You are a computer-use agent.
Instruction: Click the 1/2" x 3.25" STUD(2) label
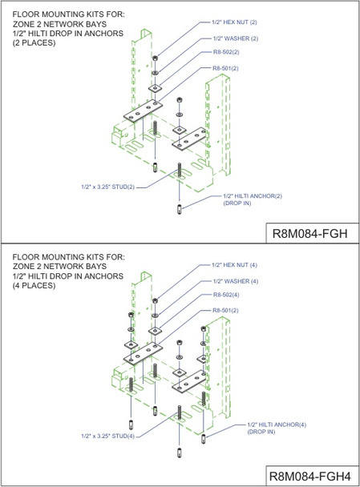[x=107, y=186]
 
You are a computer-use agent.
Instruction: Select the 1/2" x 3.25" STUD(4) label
[x=107, y=436]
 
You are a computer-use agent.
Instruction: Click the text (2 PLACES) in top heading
[x=30, y=42]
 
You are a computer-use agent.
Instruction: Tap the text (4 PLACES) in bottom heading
[x=30, y=286]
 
